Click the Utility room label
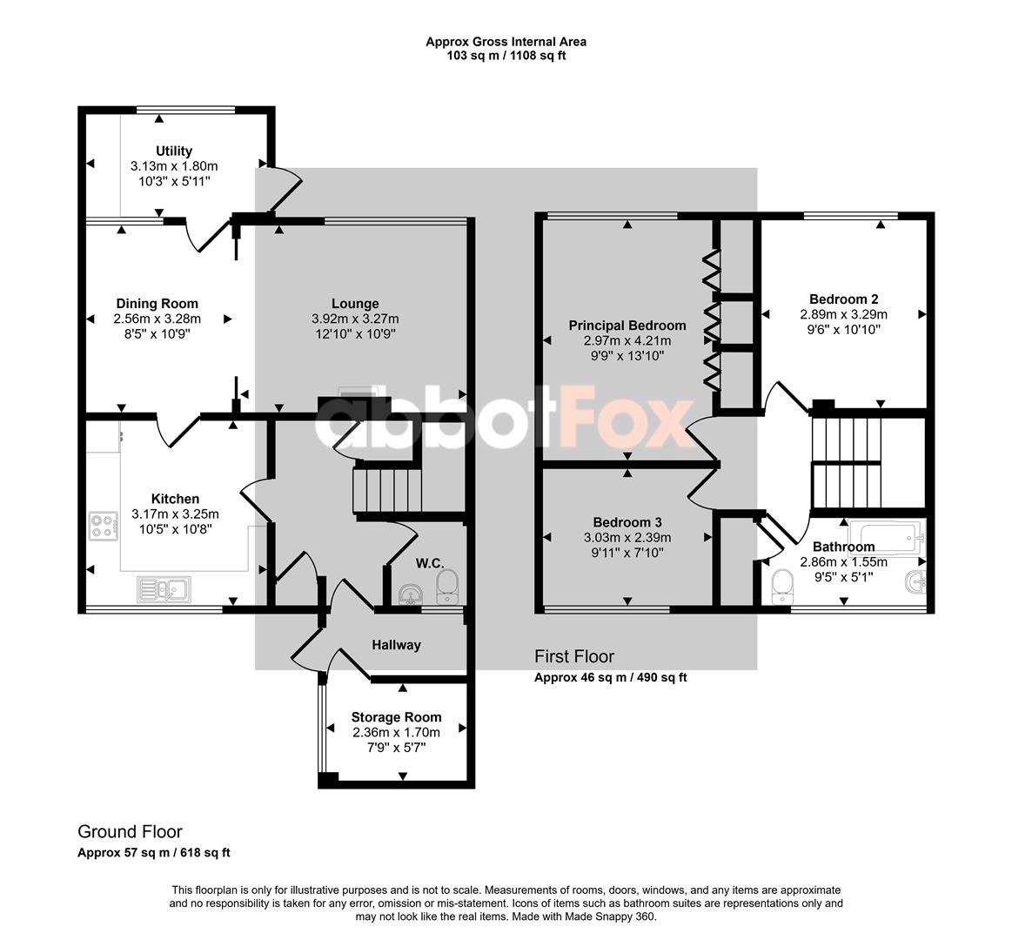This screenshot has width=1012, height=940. (x=174, y=151)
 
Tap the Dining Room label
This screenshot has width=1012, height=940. (x=157, y=304)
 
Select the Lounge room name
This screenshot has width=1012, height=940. (x=355, y=304)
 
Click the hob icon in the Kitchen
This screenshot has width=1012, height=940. (x=104, y=526)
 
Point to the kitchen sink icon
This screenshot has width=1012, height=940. (x=164, y=589)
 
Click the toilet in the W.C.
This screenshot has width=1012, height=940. (x=446, y=587)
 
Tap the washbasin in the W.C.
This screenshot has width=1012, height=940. (x=411, y=594)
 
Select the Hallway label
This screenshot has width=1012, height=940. (x=396, y=644)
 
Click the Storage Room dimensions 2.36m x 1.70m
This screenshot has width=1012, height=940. (x=396, y=732)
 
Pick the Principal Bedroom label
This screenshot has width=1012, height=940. (x=627, y=326)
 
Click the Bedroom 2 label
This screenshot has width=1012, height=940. (x=843, y=299)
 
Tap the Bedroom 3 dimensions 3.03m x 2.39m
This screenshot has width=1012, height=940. (x=627, y=537)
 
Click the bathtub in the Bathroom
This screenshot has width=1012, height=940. (x=888, y=536)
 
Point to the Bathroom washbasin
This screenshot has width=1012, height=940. (x=916, y=581)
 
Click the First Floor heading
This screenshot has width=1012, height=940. (x=574, y=656)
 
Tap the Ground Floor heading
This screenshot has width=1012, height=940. (x=130, y=831)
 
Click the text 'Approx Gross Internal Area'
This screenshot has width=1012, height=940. (x=506, y=42)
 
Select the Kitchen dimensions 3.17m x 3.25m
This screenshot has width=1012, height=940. (x=175, y=514)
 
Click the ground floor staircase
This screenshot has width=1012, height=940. (x=387, y=491)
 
